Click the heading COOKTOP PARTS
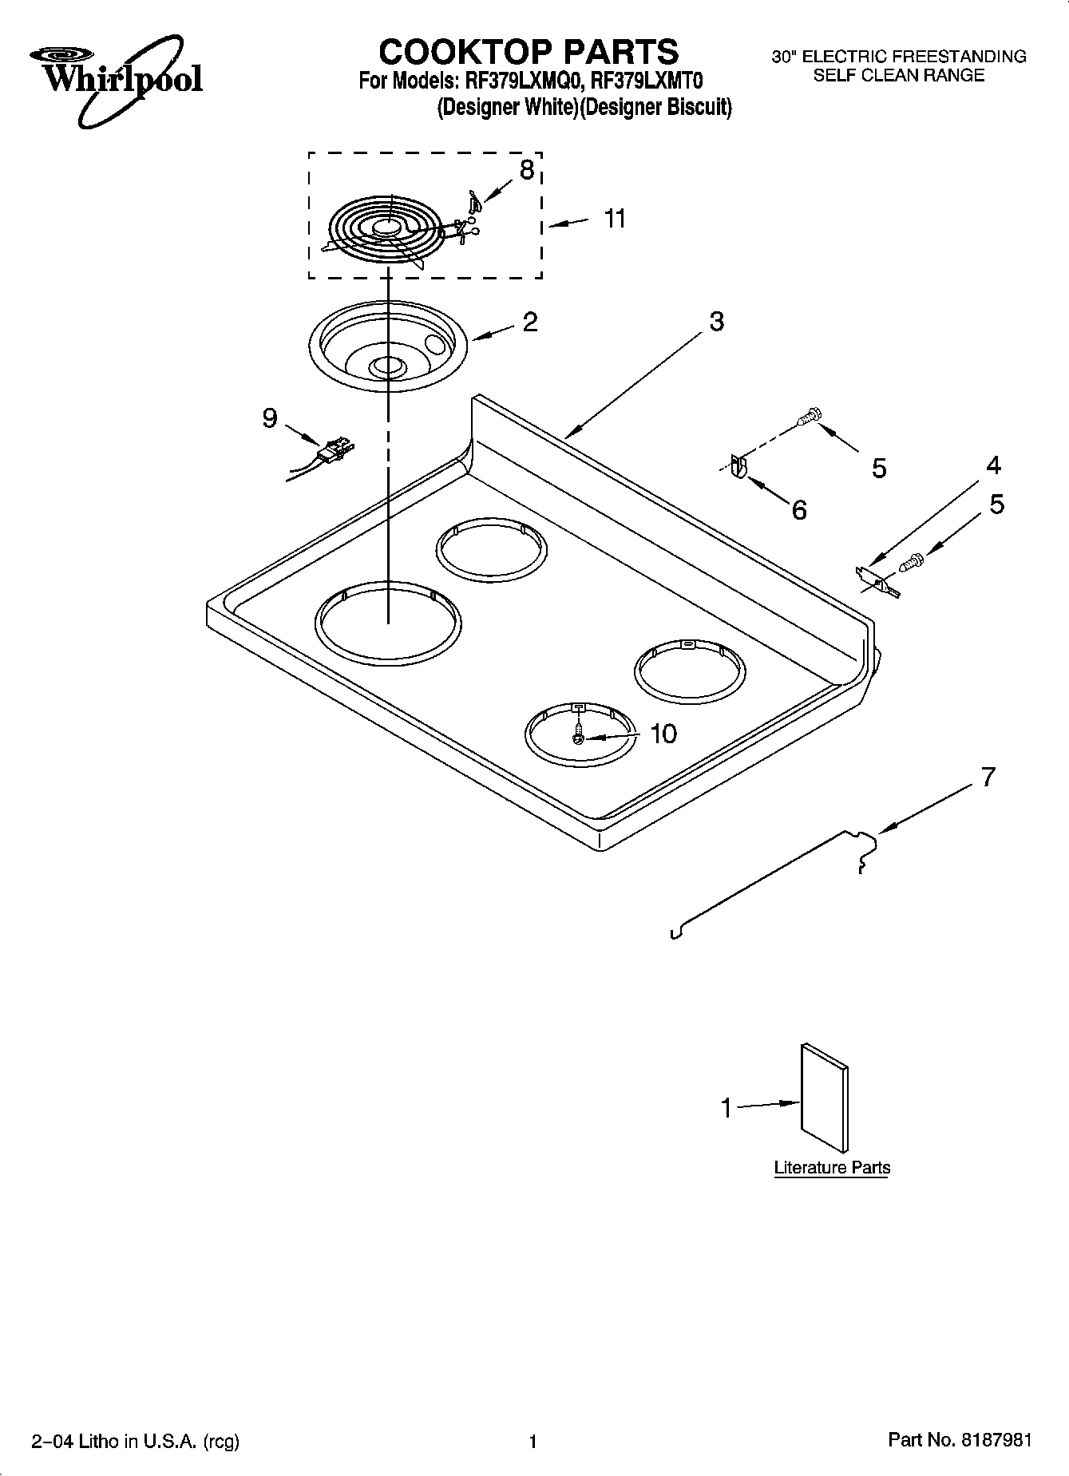coord(529,52)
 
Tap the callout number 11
coord(615,218)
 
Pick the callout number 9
coord(271,417)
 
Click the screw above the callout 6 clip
coord(810,416)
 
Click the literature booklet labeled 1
coord(825,1097)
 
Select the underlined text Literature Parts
coord(832,1167)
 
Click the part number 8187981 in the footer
coord(996,1440)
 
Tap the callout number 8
coord(526,169)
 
